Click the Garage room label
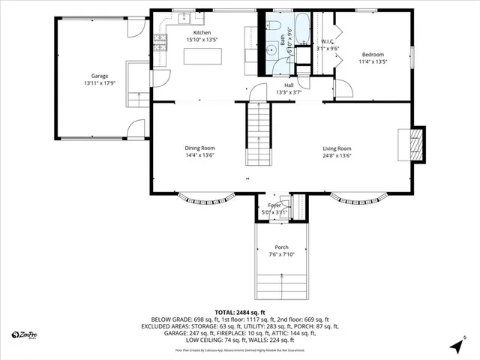[100, 76]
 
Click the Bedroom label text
[373, 55]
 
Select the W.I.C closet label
[328, 41]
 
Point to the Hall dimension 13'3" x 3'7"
[288, 92]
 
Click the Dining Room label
[199, 148]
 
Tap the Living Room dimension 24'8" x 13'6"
[337, 156]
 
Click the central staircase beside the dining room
[259, 135]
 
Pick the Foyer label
[274, 205]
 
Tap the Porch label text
[281, 247]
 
